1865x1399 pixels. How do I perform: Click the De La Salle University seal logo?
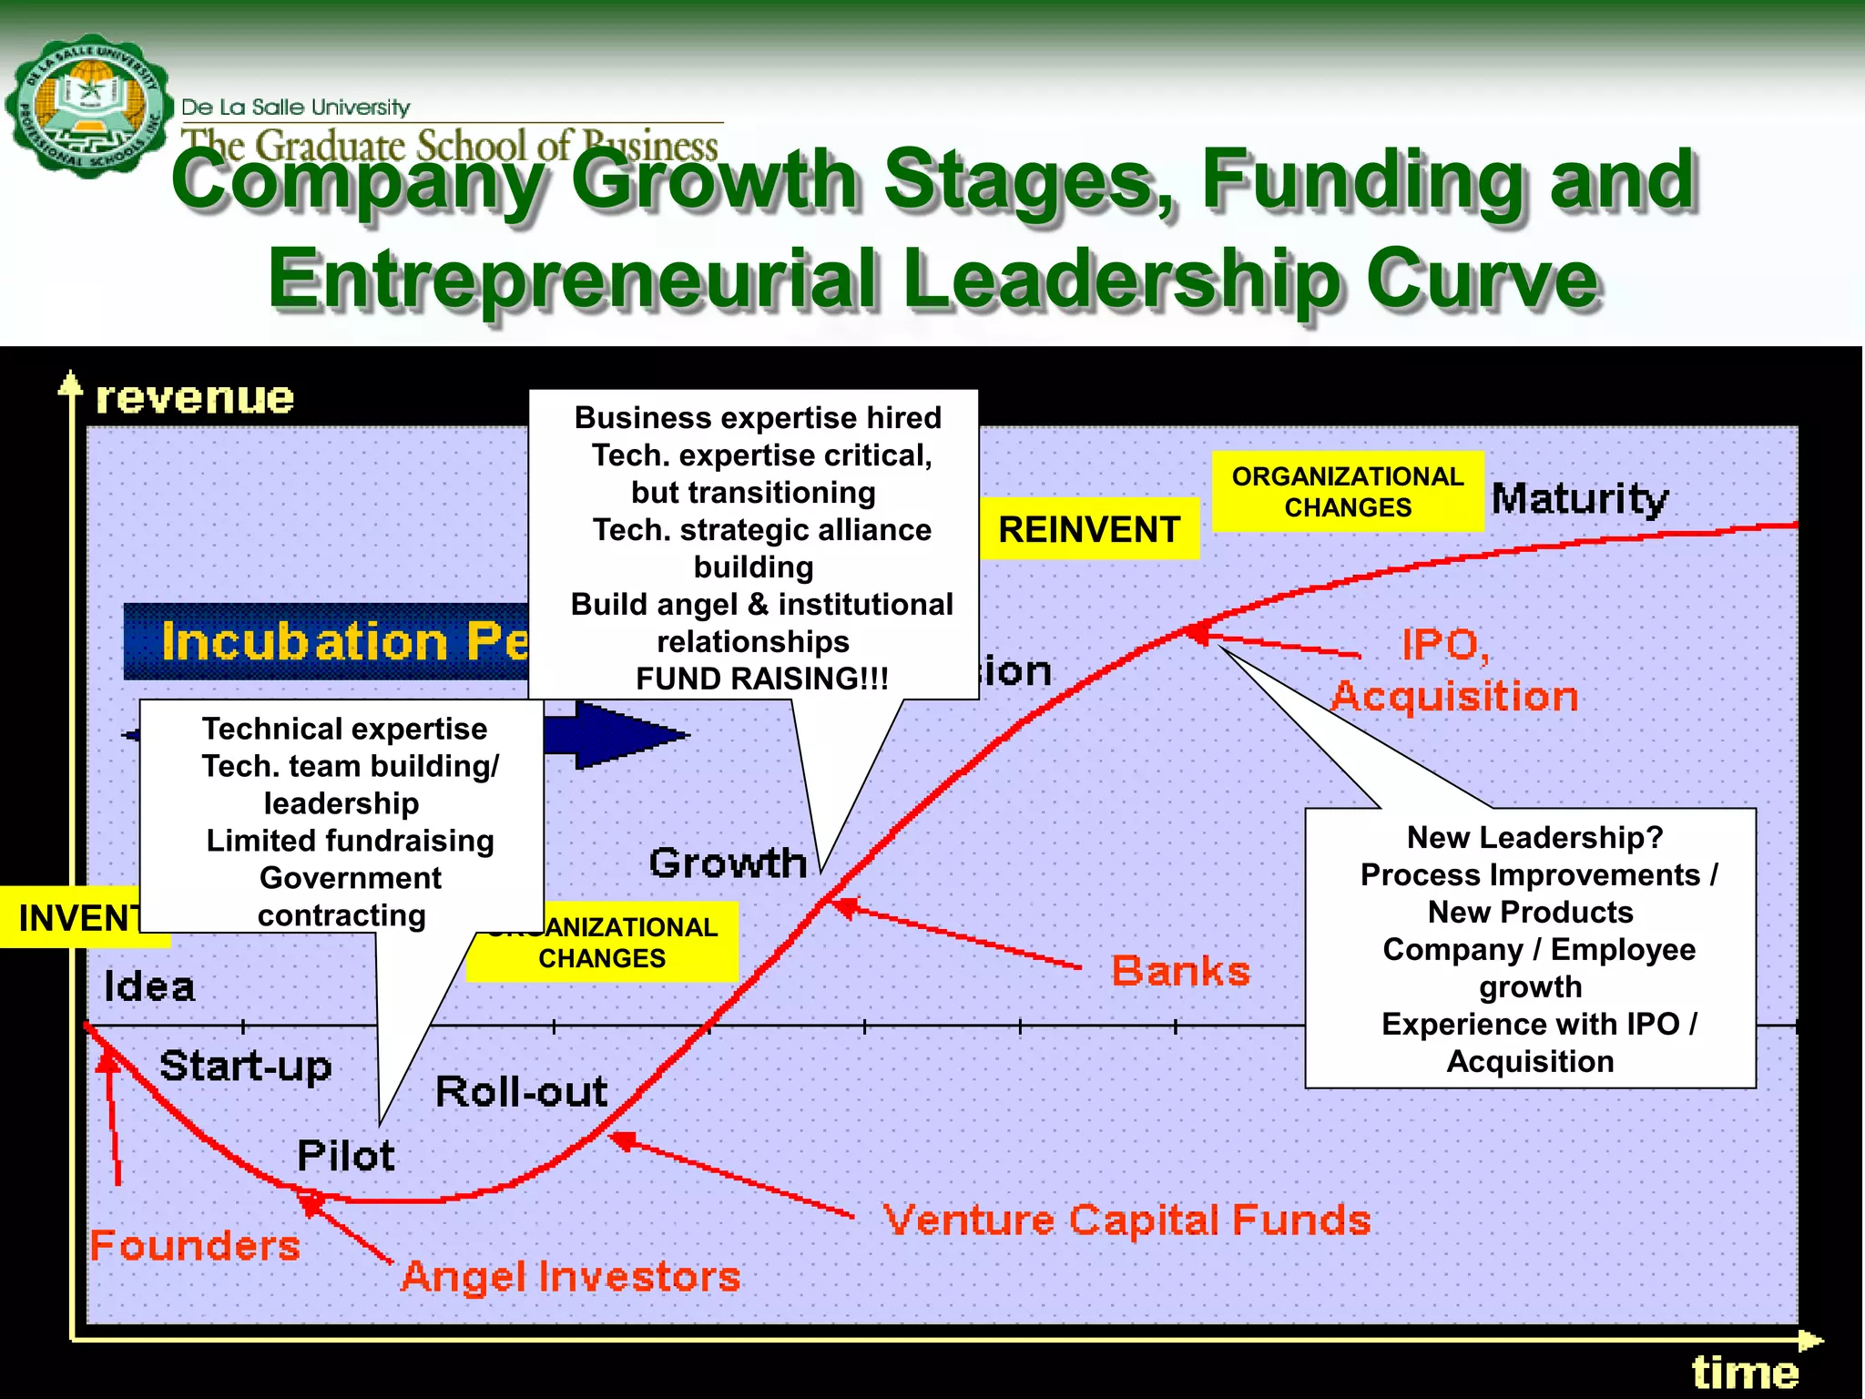point(88,107)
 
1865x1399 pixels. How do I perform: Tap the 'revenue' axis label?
point(195,398)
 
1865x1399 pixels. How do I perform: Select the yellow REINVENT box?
point(1089,529)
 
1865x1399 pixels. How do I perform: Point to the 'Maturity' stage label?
point(1580,499)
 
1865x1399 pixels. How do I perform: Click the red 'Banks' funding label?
point(1180,971)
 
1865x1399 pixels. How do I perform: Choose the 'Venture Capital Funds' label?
point(1126,1220)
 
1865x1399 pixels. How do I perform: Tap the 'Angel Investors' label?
point(570,1276)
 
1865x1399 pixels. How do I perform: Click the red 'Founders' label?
point(195,1245)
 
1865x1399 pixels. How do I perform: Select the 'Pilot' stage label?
point(346,1156)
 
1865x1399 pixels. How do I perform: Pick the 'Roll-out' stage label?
point(521,1091)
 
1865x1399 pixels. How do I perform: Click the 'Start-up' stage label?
point(245,1066)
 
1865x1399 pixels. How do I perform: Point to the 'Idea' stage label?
point(149,986)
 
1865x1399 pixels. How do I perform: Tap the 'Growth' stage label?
point(728,863)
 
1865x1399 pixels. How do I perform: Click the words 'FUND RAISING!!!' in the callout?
point(761,679)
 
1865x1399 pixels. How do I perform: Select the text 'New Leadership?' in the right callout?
point(1534,837)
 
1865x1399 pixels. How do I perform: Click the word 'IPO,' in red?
point(1445,645)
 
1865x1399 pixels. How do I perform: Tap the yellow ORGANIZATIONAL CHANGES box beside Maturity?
point(1348,492)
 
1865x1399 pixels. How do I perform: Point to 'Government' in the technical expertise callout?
point(350,878)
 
